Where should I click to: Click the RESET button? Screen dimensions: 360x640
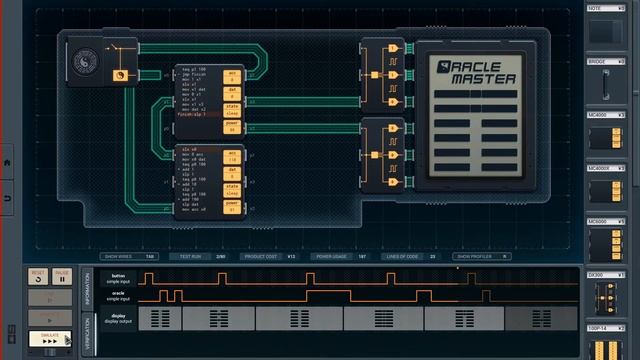(x=38, y=275)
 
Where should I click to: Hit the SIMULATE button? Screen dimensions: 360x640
(x=50, y=338)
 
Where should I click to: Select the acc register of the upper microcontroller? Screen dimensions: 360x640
(x=232, y=76)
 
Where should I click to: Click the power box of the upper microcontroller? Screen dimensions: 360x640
(x=232, y=127)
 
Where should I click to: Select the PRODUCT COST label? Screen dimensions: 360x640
(x=263, y=257)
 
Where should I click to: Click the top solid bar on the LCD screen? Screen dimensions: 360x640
(x=475, y=93)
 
